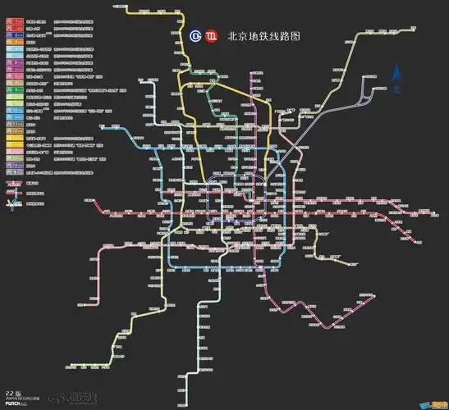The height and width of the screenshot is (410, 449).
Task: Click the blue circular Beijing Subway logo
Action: pos(195,36)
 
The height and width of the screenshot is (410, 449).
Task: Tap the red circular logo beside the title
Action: pos(211,36)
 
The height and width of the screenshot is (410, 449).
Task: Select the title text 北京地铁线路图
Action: pos(262,36)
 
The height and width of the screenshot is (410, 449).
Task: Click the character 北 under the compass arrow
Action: pos(396,88)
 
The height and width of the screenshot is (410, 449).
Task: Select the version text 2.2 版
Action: pos(14,381)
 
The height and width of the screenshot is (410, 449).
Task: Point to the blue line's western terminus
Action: pos(110,215)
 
